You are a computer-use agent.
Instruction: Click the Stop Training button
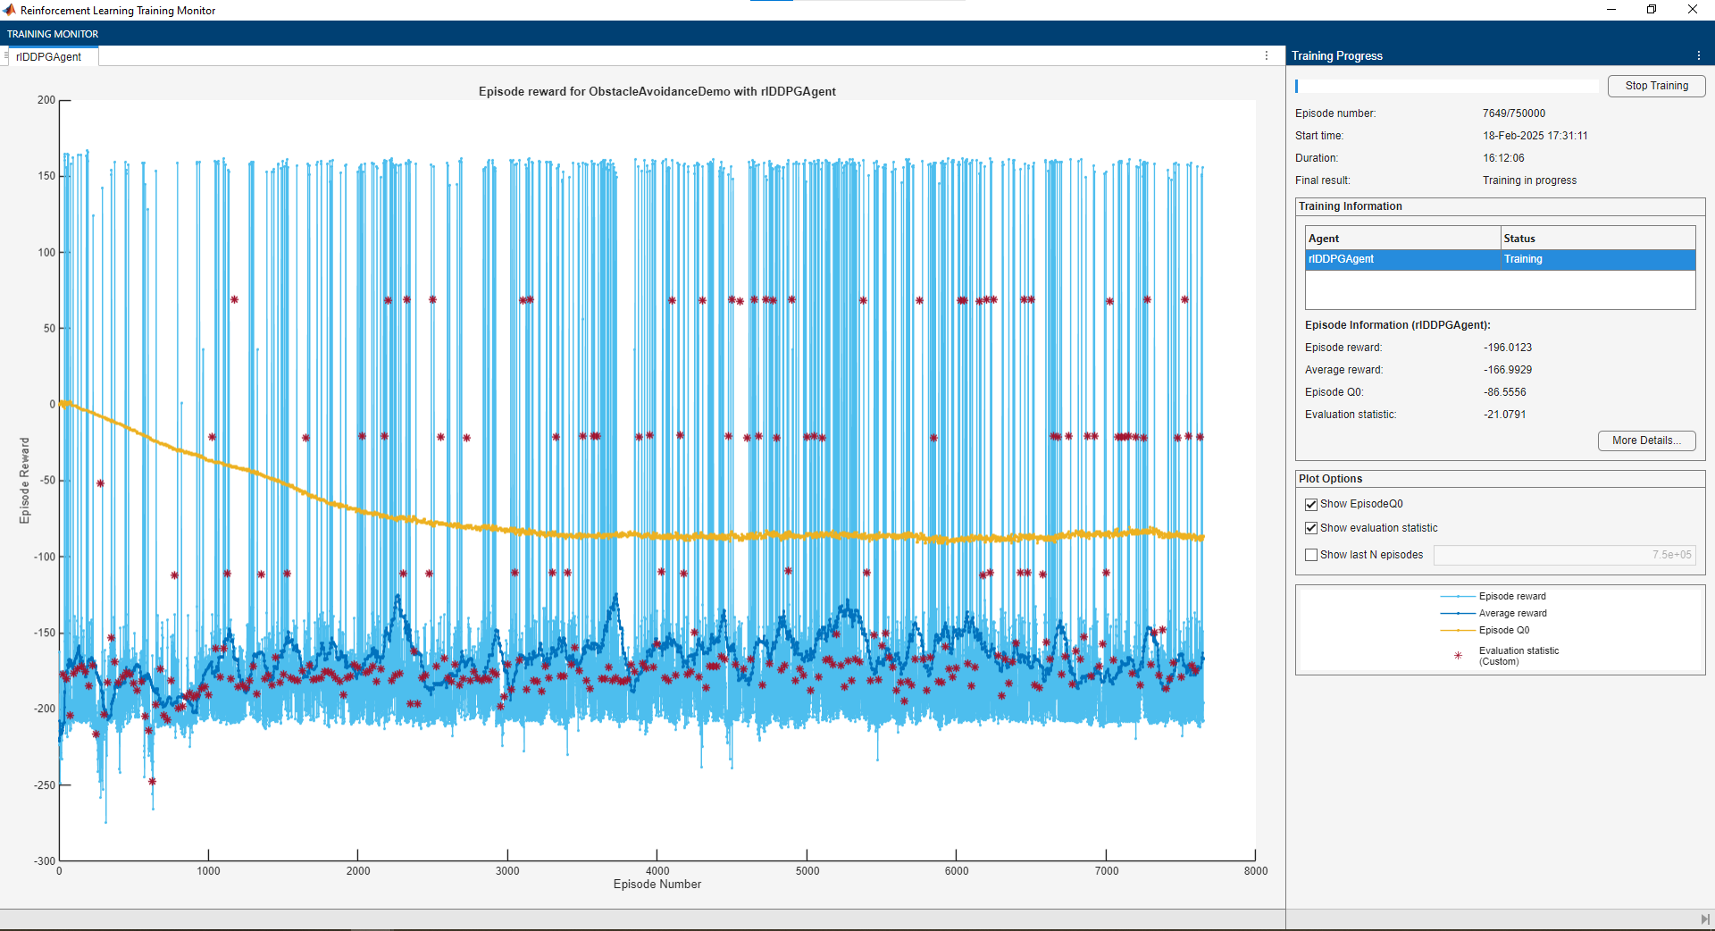[1656, 86]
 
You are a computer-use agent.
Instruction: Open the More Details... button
[1645, 440]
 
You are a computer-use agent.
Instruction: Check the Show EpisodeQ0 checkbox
[1311, 505]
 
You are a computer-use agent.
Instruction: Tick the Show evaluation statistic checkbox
[1311, 529]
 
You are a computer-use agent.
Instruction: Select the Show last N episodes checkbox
[1311, 555]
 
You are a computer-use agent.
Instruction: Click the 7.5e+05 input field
[1563, 555]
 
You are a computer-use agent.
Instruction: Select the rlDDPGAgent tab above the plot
[49, 57]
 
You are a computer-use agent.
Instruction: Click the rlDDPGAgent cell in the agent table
[1401, 259]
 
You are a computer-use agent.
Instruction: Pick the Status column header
[1519, 239]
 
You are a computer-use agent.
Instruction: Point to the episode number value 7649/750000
[1514, 113]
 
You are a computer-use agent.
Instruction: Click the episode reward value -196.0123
[1508, 348]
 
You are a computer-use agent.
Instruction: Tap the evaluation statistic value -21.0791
[1505, 415]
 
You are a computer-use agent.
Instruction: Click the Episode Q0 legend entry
[1504, 631]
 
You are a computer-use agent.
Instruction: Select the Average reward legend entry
[1512, 614]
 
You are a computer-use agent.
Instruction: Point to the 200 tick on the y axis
[46, 100]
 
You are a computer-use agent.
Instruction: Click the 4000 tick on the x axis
[657, 871]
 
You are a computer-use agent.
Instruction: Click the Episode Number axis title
[657, 885]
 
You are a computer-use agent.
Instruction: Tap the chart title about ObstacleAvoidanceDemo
[657, 91]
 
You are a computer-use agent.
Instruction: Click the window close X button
[1693, 10]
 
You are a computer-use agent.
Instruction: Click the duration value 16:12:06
[1504, 158]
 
